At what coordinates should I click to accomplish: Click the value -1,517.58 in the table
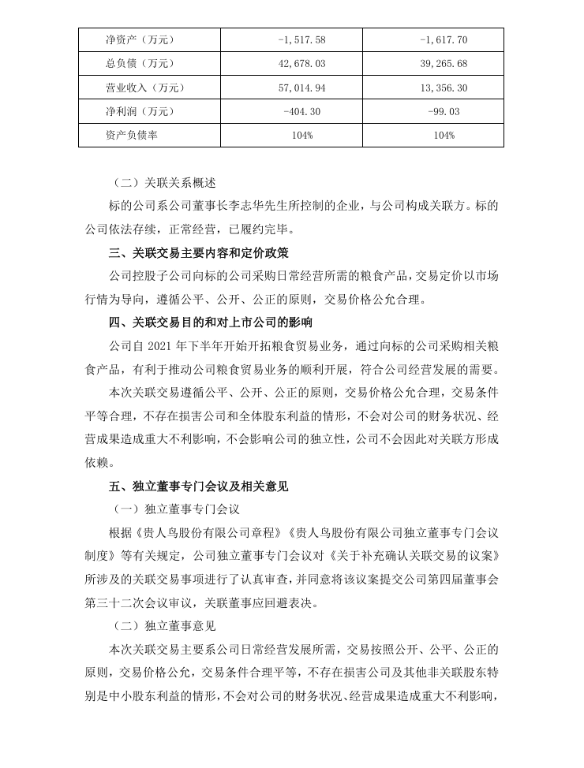tap(292, 39)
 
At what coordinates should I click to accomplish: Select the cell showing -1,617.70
tap(433, 39)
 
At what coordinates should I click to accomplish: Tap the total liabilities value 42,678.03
tap(292, 63)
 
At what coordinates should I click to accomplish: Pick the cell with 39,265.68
tap(433, 63)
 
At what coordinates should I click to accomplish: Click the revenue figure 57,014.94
tap(292, 88)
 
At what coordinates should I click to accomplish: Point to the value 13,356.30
tap(433, 88)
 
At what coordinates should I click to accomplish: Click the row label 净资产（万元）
tap(140, 39)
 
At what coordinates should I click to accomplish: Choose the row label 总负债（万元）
tap(140, 63)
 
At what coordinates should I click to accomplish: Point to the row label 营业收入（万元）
tap(144, 88)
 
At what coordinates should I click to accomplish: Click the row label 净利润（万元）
tap(140, 111)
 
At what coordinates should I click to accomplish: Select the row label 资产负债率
tap(131, 135)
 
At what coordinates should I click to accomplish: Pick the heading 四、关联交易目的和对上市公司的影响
tap(210, 322)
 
